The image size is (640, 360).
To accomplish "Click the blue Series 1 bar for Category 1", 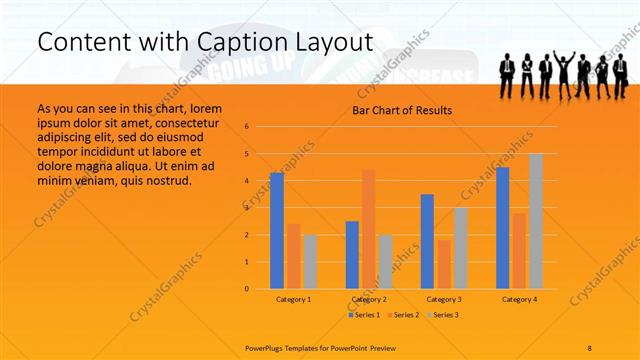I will click(x=277, y=231).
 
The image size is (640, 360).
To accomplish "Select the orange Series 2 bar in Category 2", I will click(x=369, y=229).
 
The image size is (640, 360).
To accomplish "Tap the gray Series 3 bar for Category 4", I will click(x=536, y=221).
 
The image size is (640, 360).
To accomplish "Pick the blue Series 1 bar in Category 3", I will click(x=427, y=241).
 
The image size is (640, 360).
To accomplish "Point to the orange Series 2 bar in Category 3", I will click(x=444, y=264).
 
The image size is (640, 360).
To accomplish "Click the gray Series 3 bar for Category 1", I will click(x=310, y=262).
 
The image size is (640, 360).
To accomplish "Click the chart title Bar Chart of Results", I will click(x=402, y=110).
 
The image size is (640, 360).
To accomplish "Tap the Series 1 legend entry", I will click(x=363, y=315).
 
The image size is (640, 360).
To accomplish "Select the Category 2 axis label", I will click(x=369, y=299).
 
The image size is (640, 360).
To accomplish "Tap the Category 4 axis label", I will click(x=519, y=299).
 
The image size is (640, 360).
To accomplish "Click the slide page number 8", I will click(x=590, y=346).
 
